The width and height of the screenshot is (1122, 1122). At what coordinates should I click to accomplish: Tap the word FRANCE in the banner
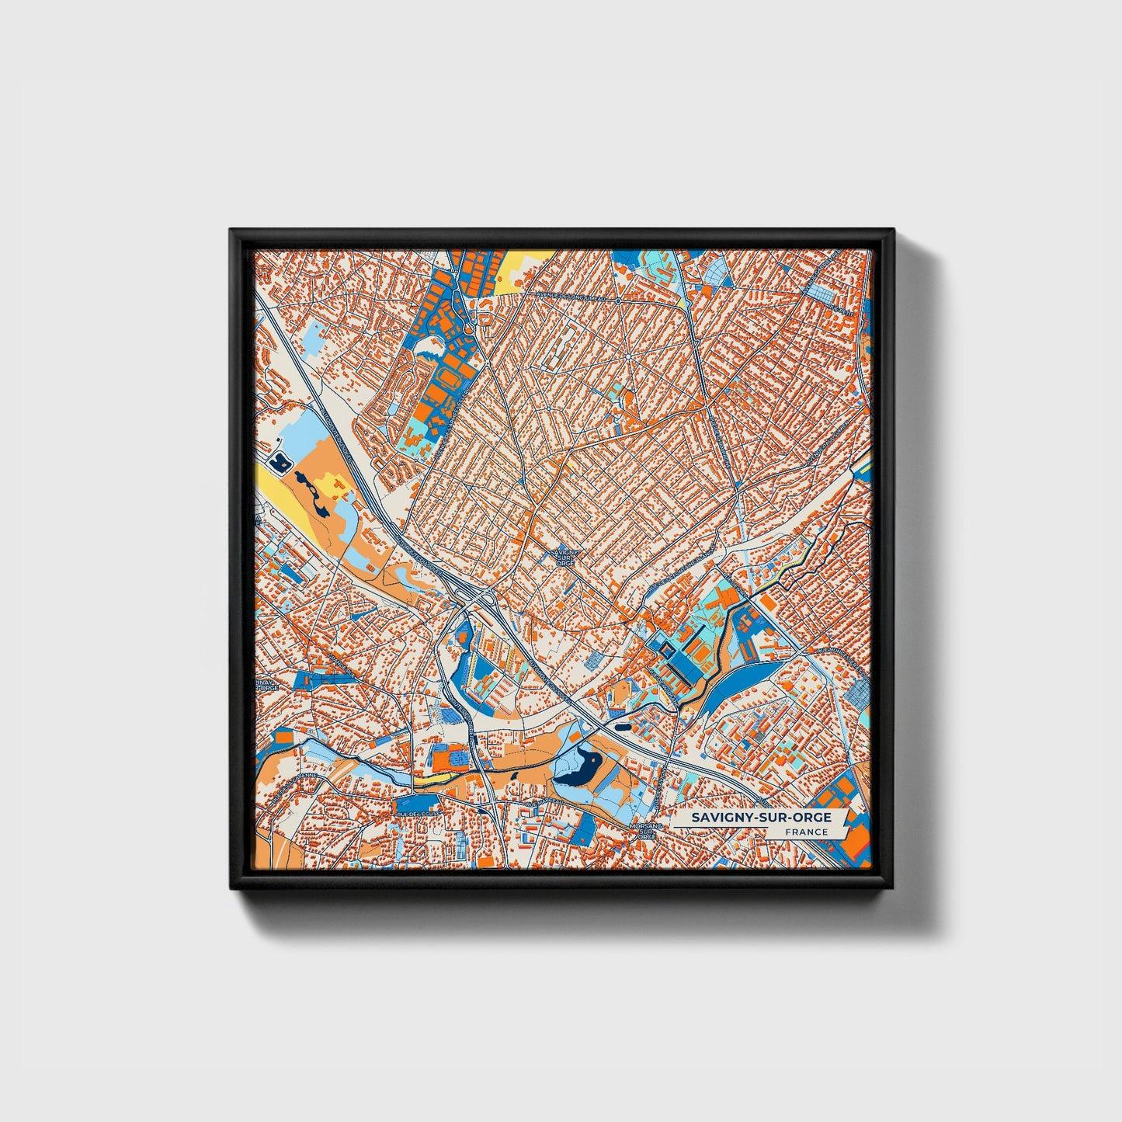coord(805,832)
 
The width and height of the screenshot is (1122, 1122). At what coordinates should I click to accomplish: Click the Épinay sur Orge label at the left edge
coord(264,683)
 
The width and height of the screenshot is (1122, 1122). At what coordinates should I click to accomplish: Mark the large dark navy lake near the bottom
coord(581,767)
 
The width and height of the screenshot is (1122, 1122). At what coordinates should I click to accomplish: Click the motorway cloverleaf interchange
coord(475,599)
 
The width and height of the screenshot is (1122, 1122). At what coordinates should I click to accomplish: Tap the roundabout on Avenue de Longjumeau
coord(617,300)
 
